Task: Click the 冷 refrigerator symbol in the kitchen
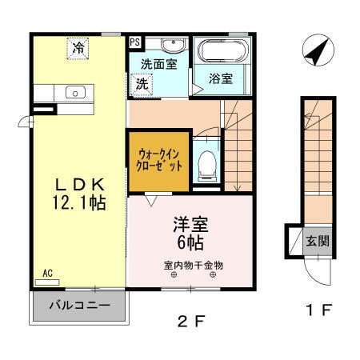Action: [x=78, y=48]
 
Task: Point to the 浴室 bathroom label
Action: [x=221, y=78]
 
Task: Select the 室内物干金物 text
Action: [x=194, y=265]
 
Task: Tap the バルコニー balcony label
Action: [x=78, y=305]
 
